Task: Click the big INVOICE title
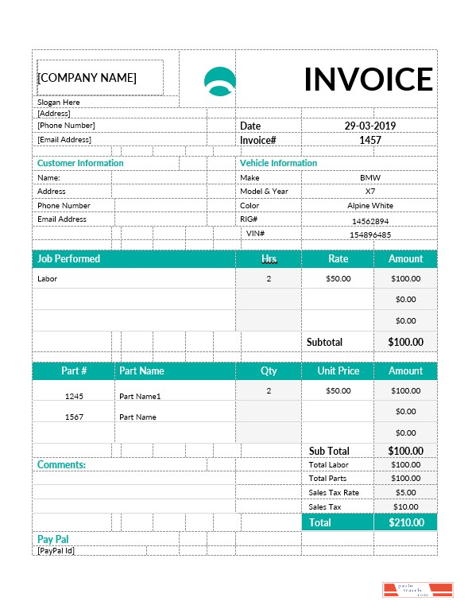click(368, 80)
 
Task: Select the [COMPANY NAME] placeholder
click(87, 78)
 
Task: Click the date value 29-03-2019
click(369, 126)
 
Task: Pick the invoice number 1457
click(369, 140)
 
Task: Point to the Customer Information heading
click(80, 163)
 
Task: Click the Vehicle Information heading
click(278, 163)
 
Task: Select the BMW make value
click(369, 178)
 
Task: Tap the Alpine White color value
click(369, 206)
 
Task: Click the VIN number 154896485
click(369, 235)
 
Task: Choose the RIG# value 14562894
click(369, 221)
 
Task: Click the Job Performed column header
click(69, 258)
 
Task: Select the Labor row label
click(48, 279)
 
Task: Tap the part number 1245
click(74, 396)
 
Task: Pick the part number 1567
click(74, 417)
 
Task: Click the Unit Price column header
click(338, 370)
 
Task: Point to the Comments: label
click(61, 464)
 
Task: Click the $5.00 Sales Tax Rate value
click(405, 493)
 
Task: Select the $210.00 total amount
click(405, 522)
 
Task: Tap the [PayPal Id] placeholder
click(56, 550)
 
